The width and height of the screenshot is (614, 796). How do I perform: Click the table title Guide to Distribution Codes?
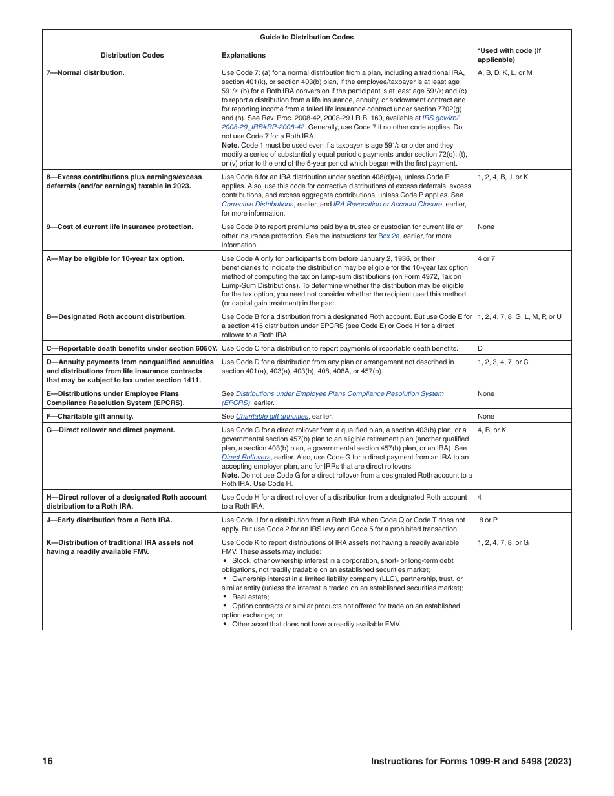pos(306,37)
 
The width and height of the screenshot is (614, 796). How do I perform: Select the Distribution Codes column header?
pos(132,55)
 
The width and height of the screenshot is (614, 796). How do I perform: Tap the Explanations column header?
pos(244,55)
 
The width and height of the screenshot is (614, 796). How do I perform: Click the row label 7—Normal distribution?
pos(85,73)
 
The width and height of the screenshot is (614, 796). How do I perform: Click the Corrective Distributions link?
pos(257,204)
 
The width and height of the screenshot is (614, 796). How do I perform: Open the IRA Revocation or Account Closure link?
pos(387,204)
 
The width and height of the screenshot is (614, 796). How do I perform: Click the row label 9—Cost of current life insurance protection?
pos(120,227)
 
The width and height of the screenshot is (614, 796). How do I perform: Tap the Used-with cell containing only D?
pos(480,348)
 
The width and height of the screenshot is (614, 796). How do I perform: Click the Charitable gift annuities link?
pos(271,416)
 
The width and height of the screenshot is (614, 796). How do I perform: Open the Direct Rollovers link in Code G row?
pos(246,457)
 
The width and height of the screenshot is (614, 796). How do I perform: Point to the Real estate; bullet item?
pos(250,597)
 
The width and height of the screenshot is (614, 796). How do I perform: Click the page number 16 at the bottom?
pos(48,761)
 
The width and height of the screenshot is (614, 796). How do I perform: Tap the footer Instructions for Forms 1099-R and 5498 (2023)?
pos(471,761)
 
